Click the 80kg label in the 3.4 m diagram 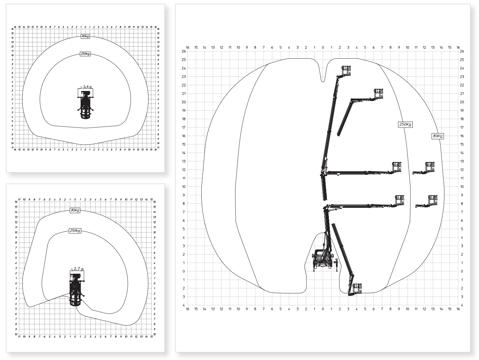click(85, 37)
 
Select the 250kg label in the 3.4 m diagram click(85, 54)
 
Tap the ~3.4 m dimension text click(85, 87)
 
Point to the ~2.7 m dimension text click(77, 269)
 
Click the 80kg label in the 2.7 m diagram click(75, 210)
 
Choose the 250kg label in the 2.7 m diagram click(75, 231)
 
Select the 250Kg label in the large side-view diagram click(405, 124)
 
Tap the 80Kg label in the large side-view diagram click(438, 136)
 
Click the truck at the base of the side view click(322, 259)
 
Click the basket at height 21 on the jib click(378, 94)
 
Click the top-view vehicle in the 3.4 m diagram click(85, 105)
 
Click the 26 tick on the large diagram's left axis click(184, 51)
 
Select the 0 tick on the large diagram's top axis click(323, 48)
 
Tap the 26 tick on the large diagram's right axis click(462, 51)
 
